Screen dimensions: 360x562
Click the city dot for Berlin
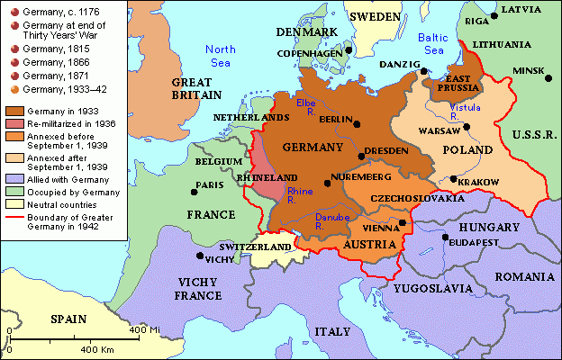tap(358, 124)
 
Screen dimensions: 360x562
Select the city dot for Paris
tap(194, 191)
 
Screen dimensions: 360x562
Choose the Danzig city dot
tap(423, 70)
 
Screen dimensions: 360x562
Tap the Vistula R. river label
tap(463, 112)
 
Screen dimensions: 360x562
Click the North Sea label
tap(219, 55)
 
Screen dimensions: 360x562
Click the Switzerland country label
tap(257, 247)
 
